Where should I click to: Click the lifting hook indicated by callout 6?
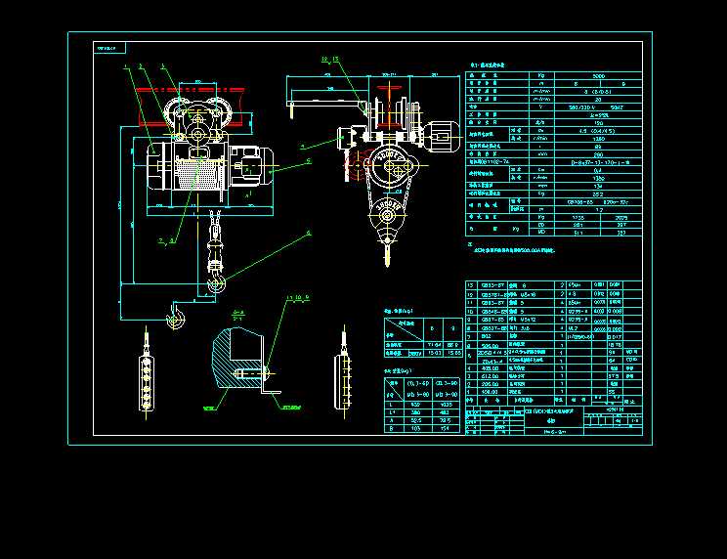[216, 283]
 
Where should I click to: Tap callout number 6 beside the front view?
[309, 232]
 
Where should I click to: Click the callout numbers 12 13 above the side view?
[329, 60]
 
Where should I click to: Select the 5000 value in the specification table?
[598, 75]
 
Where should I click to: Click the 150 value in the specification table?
[598, 122]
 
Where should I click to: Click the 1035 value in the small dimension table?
[446, 404]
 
